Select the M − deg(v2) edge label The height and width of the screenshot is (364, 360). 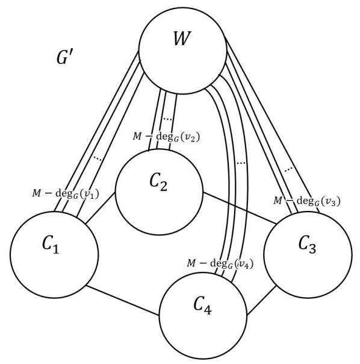point(166,136)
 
